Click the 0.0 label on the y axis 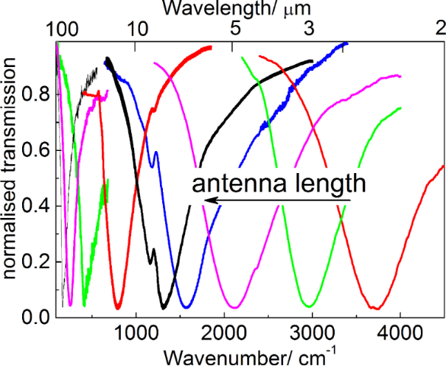(39, 317)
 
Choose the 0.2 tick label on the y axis (39, 261)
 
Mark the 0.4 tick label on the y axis (39, 205)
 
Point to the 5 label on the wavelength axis (235, 29)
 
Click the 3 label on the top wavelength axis (309, 29)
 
